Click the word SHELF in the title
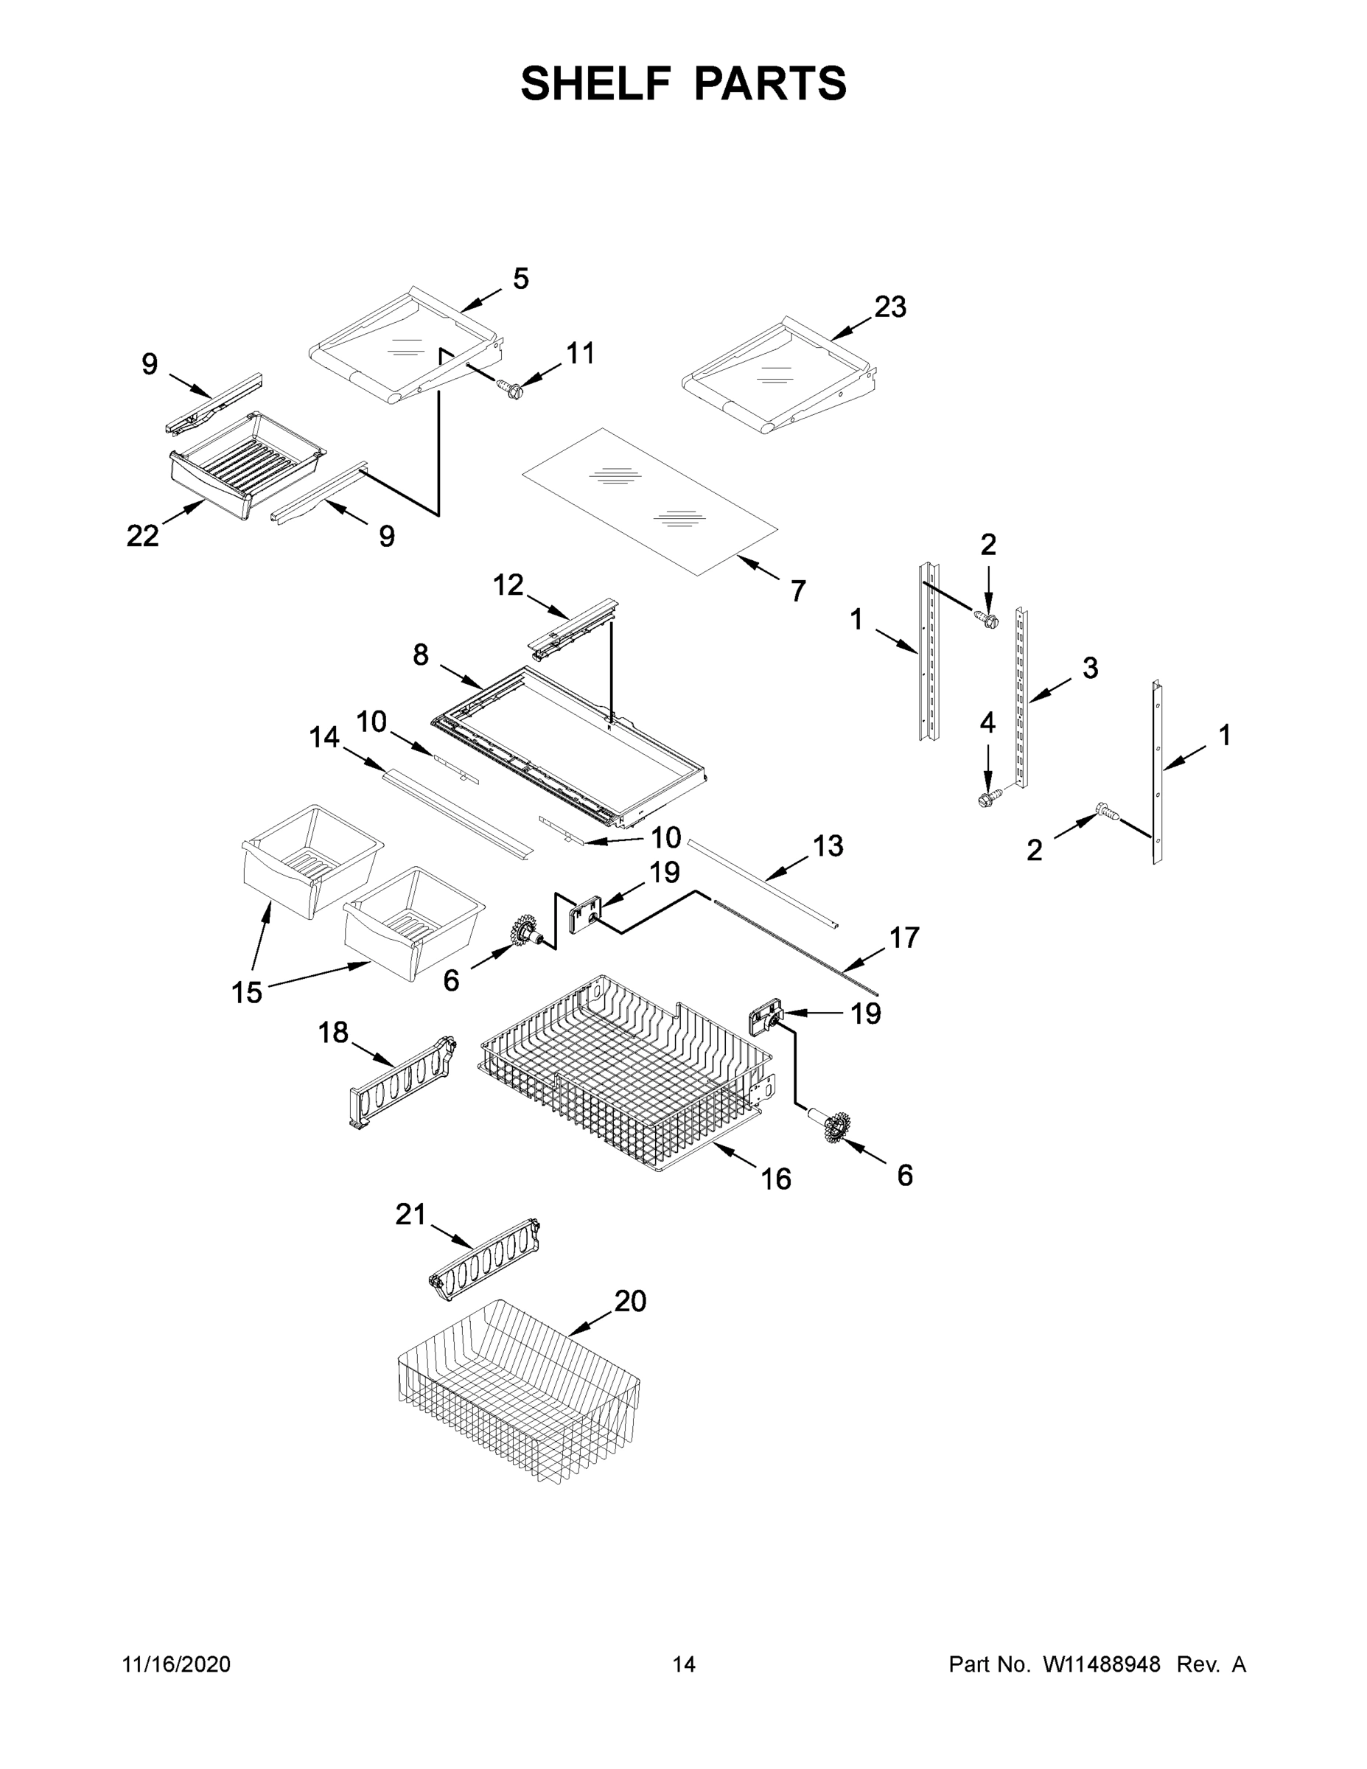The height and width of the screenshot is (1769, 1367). [x=596, y=83]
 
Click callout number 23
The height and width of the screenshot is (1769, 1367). [x=890, y=307]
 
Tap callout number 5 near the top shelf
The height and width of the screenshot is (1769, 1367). [x=521, y=279]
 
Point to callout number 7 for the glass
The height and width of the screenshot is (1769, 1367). [x=797, y=591]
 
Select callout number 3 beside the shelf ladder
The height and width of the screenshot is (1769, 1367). [x=1090, y=669]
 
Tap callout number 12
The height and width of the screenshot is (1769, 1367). [x=508, y=585]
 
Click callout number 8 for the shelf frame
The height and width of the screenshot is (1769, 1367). [x=420, y=655]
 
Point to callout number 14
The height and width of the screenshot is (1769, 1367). [x=324, y=737]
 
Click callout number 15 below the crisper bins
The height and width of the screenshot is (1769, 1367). [x=247, y=992]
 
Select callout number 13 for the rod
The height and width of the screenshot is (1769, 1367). [x=828, y=845]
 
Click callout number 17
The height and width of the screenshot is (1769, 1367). [x=905, y=938]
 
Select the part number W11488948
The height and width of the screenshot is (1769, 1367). [x=1102, y=1664]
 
